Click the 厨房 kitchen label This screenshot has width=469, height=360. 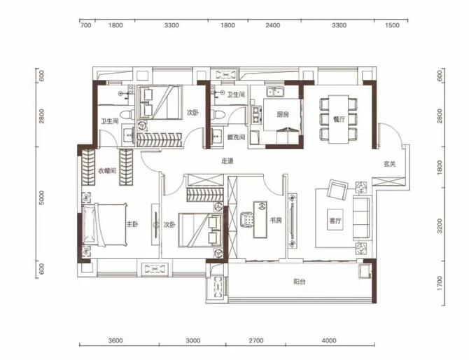point(283,114)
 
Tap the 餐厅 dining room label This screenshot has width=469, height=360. point(339,120)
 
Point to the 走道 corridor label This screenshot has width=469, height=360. point(227,161)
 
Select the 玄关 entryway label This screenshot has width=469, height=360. point(390,164)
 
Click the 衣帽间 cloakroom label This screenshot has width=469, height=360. point(107,171)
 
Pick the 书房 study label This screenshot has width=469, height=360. point(276,221)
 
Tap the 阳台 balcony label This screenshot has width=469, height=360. point(299,282)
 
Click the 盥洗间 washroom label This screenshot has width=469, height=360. point(237,137)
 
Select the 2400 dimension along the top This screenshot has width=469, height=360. point(273,25)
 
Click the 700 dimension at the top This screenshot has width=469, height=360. point(86,25)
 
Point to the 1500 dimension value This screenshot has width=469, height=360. point(392,25)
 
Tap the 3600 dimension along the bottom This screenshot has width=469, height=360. point(115,340)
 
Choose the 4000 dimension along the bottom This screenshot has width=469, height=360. point(329,340)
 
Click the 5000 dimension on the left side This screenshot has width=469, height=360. point(41,198)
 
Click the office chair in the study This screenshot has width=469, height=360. point(247,219)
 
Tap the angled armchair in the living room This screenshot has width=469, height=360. point(337,188)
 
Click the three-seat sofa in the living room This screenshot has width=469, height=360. point(361,218)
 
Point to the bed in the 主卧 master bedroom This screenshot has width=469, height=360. point(104,224)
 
